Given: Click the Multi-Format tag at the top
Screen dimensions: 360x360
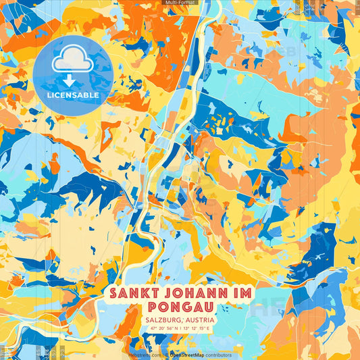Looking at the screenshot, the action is click(x=180, y=3).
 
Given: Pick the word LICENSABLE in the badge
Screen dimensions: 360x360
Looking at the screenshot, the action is click(x=72, y=95).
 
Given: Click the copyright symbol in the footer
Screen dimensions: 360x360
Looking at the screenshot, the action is click(x=165, y=355).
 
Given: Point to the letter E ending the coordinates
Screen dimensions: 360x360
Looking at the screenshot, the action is click(x=209, y=330).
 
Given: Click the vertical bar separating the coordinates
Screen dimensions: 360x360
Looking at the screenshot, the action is click(x=180, y=330).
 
